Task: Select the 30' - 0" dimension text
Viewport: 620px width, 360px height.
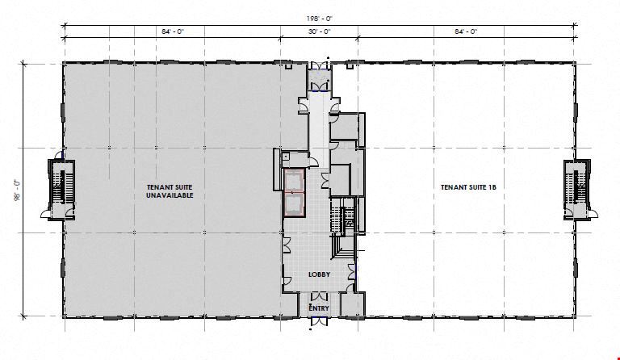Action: [x=319, y=31]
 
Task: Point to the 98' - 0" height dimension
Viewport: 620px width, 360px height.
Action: [x=18, y=190]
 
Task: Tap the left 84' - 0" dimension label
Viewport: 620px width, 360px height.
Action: [x=173, y=31]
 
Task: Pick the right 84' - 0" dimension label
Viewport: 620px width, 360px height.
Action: [x=466, y=31]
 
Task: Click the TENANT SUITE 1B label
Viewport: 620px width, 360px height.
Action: [x=468, y=188]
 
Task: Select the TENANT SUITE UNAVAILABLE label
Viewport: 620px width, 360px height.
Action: [x=170, y=191]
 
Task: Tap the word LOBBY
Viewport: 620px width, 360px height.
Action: [x=319, y=274]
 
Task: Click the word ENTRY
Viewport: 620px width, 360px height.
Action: [x=319, y=308]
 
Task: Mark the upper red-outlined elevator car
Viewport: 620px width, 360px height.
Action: [x=294, y=182]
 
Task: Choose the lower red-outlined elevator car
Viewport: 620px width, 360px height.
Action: [x=294, y=205]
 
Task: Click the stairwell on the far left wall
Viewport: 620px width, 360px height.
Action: [x=61, y=189]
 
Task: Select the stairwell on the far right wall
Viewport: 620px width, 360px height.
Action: [x=577, y=189]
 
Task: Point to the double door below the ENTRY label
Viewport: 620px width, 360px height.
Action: [x=319, y=321]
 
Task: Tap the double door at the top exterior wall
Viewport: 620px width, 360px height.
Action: [x=319, y=65]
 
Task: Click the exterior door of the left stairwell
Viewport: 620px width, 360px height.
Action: [x=46, y=214]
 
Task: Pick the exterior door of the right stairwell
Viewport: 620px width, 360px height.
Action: [x=592, y=214]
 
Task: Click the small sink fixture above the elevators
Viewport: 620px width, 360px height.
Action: [x=286, y=156]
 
